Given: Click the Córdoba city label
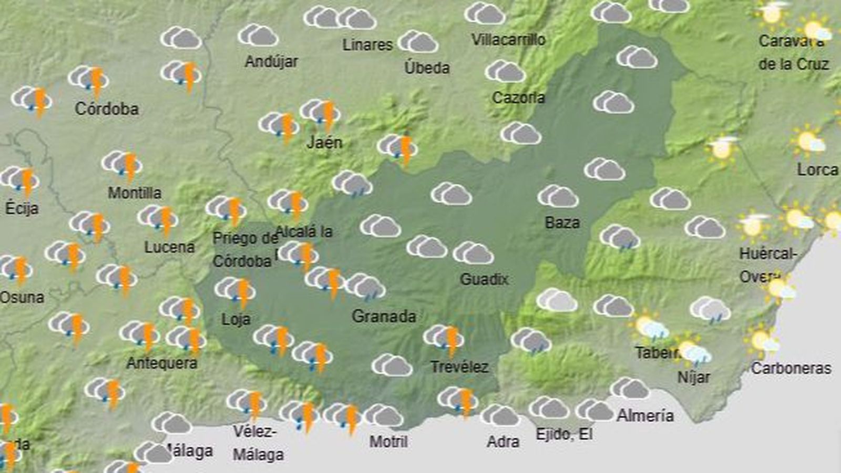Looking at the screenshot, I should [x=107, y=109].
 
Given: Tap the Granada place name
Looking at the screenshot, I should [x=384, y=316].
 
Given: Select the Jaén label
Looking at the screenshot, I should [x=324, y=142].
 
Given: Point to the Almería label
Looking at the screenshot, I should [x=645, y=416].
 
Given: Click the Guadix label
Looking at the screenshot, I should [x=484, y=279].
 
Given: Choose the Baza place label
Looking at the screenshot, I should [x=562, y=223].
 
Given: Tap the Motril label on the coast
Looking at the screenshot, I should [x=388, y=441].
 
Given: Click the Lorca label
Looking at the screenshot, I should [x=817, y=169].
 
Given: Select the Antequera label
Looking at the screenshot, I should [x=162, y=363].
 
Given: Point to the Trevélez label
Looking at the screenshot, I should [x=459, y=367].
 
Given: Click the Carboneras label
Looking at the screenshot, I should [x=791, y=368].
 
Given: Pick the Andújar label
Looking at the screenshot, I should [x=271, y=62].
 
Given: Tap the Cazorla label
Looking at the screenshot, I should [x=518, y=97].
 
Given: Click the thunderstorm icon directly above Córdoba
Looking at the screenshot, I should [x=89, y=79].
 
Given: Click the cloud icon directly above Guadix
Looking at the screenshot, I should [x=473, y=253].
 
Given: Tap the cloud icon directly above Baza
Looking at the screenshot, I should [x=558, y=196].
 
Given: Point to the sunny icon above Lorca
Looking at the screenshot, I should [x=808, y=141].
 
